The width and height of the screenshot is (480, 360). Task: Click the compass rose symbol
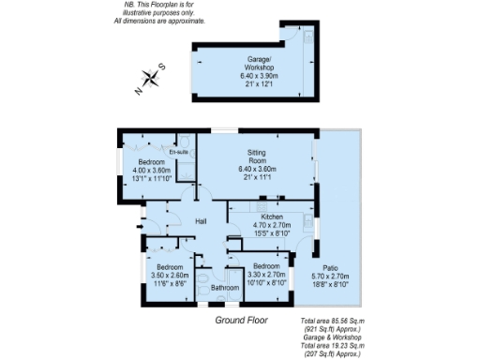151,79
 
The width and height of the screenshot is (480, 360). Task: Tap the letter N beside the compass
139,92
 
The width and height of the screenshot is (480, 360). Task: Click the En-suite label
179,151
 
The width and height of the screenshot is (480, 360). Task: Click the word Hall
201,221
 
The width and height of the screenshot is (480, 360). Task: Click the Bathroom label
224,287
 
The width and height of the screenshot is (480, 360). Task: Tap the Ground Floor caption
241,320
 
